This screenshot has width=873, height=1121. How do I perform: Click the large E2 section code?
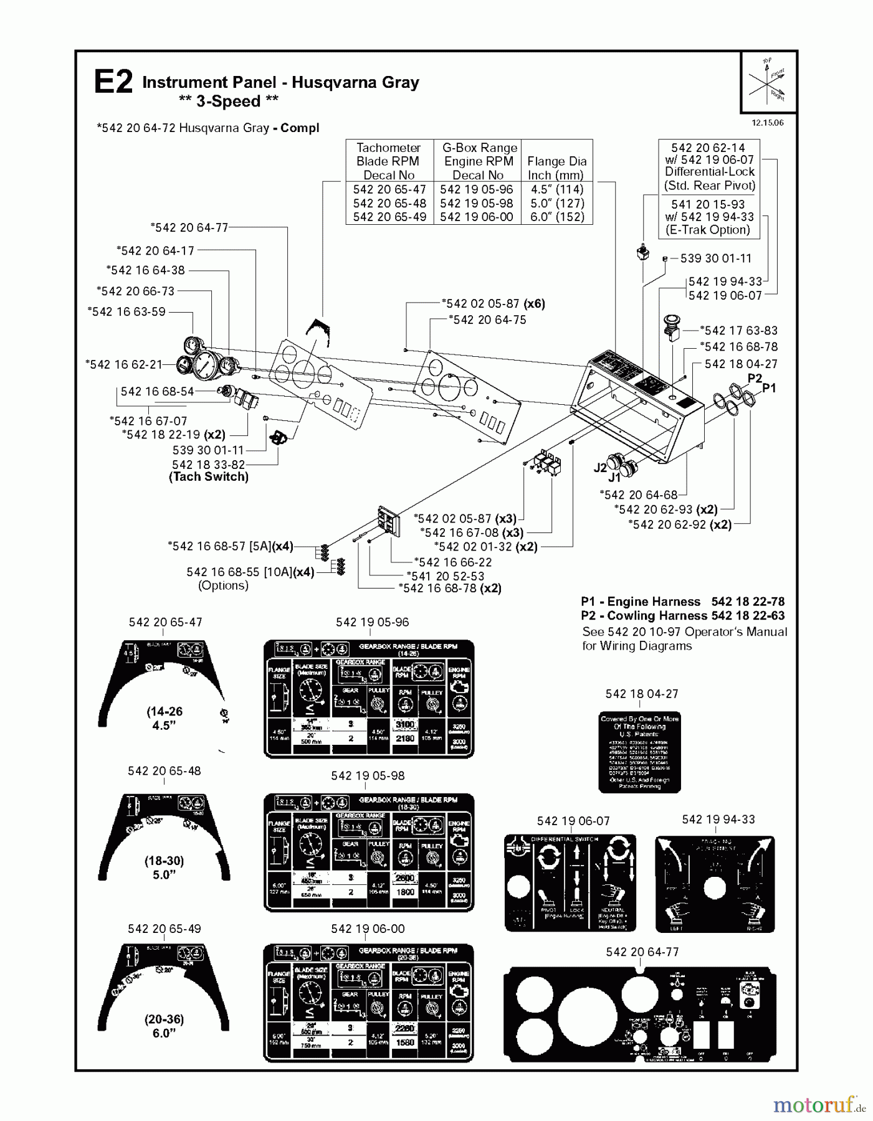click(113, 83)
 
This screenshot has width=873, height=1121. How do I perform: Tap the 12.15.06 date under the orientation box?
click(767, 123)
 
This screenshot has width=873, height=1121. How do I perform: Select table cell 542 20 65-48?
click(389, 203)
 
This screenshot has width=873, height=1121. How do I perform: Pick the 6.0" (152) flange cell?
click(556, 217)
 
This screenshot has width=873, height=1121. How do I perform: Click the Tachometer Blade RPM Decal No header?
click(389, 161)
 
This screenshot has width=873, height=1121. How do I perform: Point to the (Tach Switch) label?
click(209, 477)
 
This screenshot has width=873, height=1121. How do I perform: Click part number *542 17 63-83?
click(738, 331)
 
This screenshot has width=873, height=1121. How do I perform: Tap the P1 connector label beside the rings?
click(769, 388)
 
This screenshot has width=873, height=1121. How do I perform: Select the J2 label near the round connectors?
click(599, 468)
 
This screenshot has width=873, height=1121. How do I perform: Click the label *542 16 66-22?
click(452, 562)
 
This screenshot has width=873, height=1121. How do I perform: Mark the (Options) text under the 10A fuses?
click(223, 585)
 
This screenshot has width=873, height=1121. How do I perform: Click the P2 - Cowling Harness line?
click(682, 616)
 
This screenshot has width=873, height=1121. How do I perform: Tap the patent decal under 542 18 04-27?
click(639, 752)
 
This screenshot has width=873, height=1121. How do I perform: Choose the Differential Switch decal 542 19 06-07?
click(570, 882)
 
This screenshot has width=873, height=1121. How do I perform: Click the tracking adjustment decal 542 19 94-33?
click(715, 884)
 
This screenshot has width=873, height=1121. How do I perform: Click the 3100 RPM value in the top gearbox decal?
click(405, 724)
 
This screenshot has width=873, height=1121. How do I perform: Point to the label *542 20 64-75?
click(487, 319)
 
